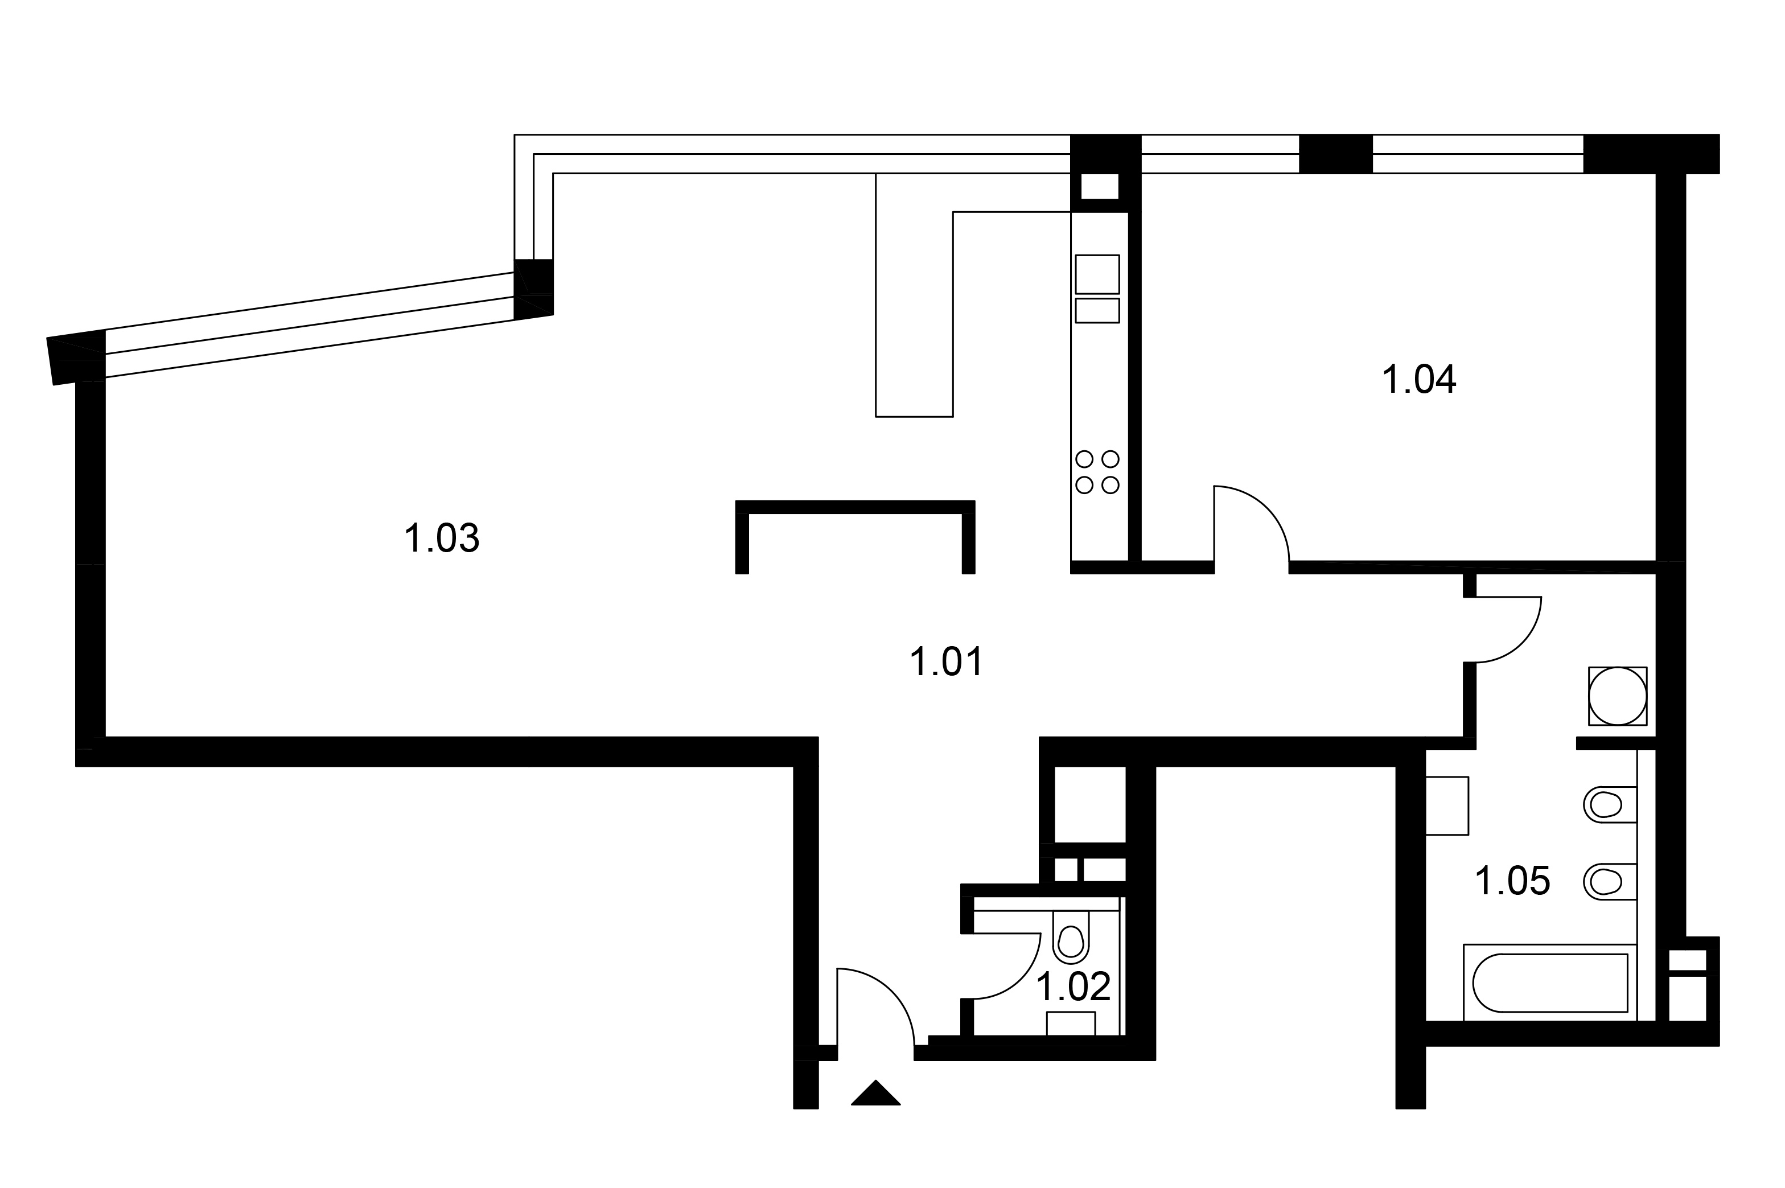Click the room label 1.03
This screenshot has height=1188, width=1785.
442,538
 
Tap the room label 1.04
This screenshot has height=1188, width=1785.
1419,380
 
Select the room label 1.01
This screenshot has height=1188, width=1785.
947,661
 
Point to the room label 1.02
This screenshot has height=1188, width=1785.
1074,986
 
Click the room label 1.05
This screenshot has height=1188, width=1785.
1513,881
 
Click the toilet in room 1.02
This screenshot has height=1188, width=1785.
1071,936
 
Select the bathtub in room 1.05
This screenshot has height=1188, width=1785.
1550,983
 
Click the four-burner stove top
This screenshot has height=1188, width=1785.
1097,471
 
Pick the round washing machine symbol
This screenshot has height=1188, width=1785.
1618,696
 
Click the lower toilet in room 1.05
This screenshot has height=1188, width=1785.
1610,882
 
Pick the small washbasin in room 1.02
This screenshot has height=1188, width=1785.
1071,1023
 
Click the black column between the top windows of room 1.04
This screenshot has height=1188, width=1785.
1336,154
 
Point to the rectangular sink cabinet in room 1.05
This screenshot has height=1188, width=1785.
1446,805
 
